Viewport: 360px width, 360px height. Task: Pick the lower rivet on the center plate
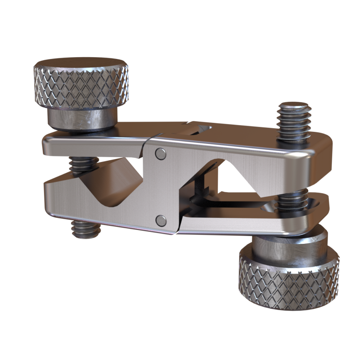(160, 220)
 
